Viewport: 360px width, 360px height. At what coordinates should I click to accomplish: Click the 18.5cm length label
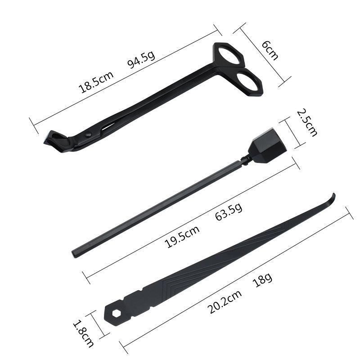96,82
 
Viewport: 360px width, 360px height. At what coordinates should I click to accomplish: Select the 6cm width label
270,50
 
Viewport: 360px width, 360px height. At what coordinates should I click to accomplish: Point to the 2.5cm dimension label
307,122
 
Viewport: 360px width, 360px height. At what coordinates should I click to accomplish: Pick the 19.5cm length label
182,237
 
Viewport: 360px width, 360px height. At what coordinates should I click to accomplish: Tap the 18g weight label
262,279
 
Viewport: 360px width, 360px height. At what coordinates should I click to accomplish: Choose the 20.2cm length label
225,301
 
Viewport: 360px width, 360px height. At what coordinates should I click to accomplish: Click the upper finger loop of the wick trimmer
229,55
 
